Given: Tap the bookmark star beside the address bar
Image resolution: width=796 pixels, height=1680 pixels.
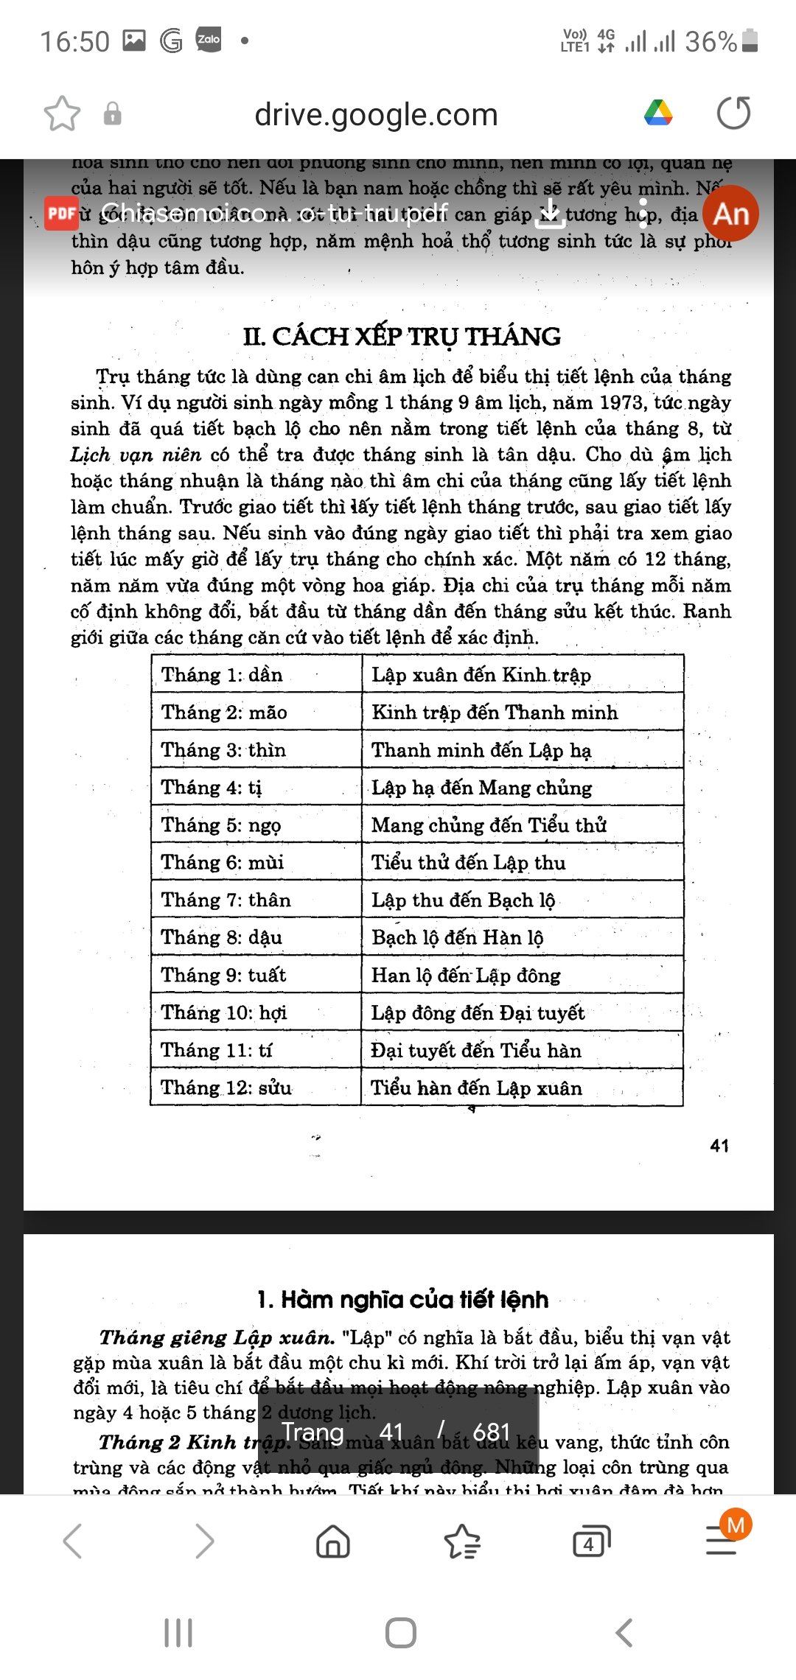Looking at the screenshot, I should (x=62, y=114).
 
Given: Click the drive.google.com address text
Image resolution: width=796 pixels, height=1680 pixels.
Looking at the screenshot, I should (x=376, y=115).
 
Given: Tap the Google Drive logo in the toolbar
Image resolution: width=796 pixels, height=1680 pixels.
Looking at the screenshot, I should (x=658, y=113).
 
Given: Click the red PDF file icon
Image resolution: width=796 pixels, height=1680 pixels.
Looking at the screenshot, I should (x=61, y=214).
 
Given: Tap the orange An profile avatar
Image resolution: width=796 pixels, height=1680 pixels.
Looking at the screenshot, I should (x=730, y=214).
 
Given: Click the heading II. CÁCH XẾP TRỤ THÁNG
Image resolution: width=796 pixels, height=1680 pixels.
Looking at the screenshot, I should (x=402, y=337).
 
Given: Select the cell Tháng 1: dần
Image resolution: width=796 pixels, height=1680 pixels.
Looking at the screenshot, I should (x=222, y=675).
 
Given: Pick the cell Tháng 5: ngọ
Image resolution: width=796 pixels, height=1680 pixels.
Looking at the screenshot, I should (x=221, y=825).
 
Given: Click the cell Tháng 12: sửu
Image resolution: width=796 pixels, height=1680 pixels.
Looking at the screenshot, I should (x=226, y=1088).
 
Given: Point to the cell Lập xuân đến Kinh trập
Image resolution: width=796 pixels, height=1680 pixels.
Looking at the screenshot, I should (x=481, y=675).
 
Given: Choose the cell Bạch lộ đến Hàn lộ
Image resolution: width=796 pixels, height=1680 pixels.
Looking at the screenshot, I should (x=457, y=938).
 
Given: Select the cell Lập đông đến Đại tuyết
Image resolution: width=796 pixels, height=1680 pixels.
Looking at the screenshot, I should (x=478, y=1013).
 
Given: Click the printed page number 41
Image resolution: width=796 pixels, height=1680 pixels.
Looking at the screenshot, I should (x=719, y=1146).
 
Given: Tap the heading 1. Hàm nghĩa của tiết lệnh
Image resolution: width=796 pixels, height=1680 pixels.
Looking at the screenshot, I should (x=402, y=1299).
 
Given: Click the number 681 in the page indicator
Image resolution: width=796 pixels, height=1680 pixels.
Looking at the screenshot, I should (x=492, y=1432).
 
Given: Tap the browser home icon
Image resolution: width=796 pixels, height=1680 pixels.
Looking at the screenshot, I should (x=333, y=1541).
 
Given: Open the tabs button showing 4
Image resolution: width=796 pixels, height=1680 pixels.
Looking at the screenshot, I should (x=591, y=1541).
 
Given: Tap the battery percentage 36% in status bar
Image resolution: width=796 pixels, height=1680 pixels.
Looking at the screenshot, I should (x=711, y=41).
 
